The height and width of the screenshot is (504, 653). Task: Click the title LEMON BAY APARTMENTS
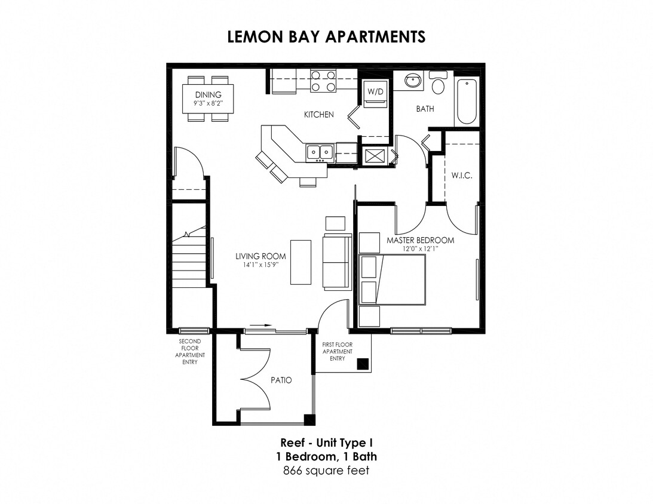coord(326,36)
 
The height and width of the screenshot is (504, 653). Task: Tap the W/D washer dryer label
coord(375,92)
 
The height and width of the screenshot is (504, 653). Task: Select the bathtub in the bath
coord(466,102)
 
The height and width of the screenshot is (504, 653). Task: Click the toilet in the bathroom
coord(439,84)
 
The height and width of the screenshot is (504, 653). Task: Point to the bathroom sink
coord(412,80)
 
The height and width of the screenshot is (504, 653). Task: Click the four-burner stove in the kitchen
coord(323,81)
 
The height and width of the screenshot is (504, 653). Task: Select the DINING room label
coord(208,94)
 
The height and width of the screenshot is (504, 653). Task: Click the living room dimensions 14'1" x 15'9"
coord(260,265)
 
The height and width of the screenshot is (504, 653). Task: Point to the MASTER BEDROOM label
coord(420,240)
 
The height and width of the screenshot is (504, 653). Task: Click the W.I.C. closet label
coord(462,176)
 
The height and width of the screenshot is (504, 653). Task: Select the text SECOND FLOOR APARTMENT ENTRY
coord(189,352)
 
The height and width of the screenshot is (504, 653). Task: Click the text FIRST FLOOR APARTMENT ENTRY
coord(336,352)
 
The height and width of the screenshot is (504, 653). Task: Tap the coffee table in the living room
coord(301,262)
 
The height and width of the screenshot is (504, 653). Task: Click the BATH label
coord(425,109)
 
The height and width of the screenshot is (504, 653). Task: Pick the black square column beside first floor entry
coord(362,364)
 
